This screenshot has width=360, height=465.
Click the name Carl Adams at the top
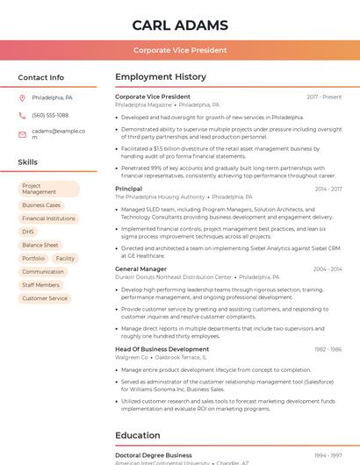180,25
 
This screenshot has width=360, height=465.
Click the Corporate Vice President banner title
180,51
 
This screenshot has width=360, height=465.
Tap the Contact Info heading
40,77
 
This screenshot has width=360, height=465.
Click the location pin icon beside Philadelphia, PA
22,97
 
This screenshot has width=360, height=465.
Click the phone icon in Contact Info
22,115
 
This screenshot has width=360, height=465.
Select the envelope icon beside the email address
22,134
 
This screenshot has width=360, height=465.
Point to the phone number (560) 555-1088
50,115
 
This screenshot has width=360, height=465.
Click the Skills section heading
28,162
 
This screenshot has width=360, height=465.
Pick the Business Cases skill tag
41,205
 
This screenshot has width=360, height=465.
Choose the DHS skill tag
28,232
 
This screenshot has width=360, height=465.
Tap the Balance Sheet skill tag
40,245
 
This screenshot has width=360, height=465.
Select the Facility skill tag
65,258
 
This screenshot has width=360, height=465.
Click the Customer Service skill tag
45,298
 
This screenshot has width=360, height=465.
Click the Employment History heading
161,77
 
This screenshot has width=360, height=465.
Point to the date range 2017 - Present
324,97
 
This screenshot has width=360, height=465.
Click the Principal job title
128,189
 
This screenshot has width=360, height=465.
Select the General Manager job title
140,268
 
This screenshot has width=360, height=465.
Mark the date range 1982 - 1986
328,349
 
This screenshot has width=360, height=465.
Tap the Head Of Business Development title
162,349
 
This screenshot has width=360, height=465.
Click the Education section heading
139,435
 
